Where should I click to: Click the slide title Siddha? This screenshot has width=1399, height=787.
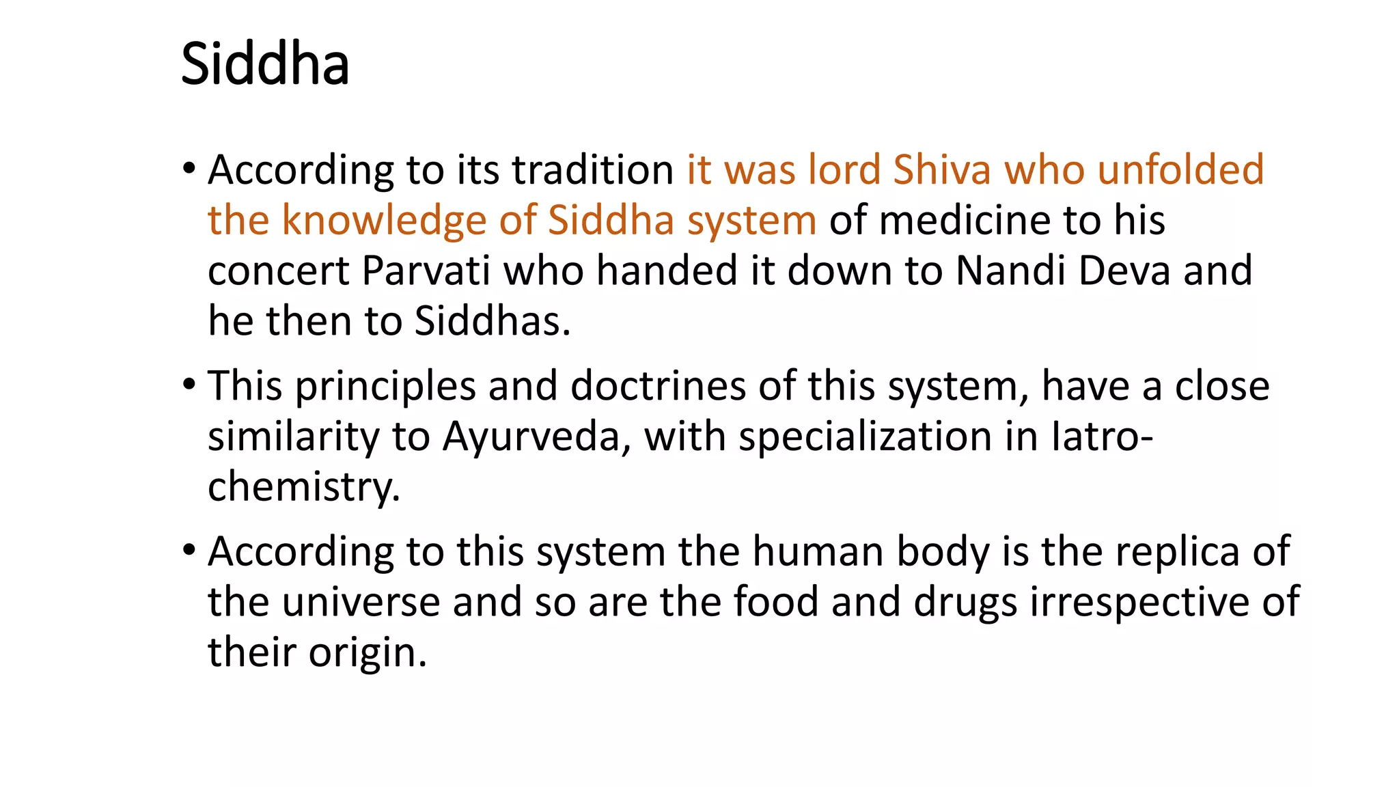(265, 64)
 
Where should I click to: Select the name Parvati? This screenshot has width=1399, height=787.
(426, 271)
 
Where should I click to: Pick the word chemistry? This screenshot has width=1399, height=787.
(303, 487)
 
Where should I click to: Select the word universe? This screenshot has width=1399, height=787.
(361, 602)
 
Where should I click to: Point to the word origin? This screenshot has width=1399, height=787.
(367, 652)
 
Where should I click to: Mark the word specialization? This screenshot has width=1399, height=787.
(865, 437)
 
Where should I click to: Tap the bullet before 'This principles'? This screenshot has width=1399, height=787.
(189, 384)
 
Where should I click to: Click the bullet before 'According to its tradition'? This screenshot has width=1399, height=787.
(189, 168)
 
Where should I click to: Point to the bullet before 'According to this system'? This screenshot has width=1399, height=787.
(189, 549)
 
